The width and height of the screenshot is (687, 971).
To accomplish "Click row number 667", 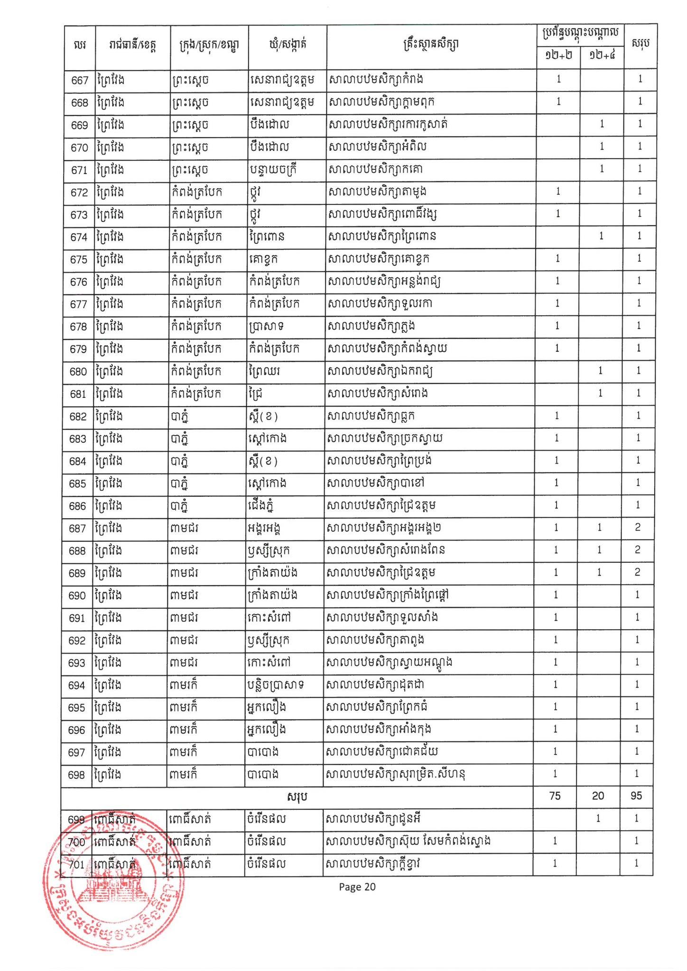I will pos(80,80).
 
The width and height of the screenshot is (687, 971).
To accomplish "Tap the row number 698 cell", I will pos(77,775).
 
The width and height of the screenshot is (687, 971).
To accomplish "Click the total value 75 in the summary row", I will pos(555,796).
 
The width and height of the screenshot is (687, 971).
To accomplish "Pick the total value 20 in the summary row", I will pos(598,796).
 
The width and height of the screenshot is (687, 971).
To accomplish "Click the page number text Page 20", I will pos(357,887).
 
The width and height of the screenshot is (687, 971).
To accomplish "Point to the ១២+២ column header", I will pos(558,55).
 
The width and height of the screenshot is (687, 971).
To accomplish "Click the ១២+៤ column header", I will pos(602,55).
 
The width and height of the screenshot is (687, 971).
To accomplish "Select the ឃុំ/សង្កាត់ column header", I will pos(287,45).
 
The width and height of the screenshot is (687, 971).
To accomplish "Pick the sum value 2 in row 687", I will pos(638,528).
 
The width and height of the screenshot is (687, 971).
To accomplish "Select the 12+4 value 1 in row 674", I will pos(601,236).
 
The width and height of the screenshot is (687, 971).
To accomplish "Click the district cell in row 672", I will pos(196,192).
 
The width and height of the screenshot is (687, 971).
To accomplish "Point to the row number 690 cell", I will pos(77,596).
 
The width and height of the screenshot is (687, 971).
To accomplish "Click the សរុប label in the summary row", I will pos(297,797).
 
